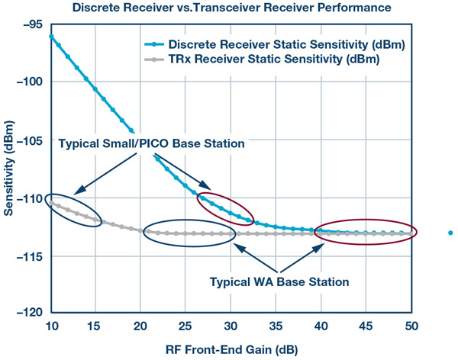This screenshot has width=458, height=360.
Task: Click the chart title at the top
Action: pos(229,8)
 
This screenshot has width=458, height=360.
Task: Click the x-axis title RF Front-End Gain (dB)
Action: pos(231,349)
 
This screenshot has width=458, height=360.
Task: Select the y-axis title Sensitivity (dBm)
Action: pos(9,172)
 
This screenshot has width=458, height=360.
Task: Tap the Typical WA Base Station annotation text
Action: pos(279,281)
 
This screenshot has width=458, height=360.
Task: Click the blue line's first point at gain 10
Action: pos(51,36)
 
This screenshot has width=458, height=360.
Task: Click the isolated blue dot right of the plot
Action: pos(450,233)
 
